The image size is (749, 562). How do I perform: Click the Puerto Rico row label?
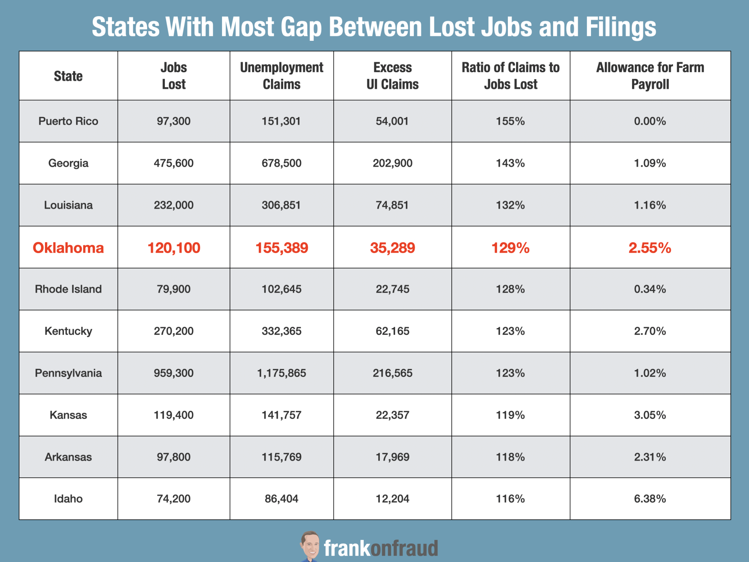coord(68,121)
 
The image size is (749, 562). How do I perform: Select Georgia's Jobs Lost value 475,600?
coord(174,163)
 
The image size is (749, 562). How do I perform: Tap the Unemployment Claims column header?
coord(282,76)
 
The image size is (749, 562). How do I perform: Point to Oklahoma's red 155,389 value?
coord(282,248)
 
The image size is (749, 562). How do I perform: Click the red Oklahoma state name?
coord(68,248)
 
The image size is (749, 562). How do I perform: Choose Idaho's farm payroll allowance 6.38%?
coord(650,499)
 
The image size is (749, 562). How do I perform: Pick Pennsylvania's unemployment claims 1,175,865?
coord(282,373)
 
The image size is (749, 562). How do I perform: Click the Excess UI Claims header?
coord(392,76)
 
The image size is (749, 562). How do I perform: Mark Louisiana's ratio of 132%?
coord(510,205)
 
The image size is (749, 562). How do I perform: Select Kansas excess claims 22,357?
coord(392,415)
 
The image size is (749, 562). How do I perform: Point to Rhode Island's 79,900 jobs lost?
coord(174,289)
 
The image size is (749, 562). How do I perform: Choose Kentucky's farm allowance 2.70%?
coord(650,331)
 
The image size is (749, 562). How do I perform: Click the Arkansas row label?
coord(68,457)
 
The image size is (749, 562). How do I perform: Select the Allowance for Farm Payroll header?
coord(650,76)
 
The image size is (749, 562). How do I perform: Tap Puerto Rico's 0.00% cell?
coord(650,121)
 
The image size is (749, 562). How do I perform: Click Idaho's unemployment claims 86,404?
coord(282,499)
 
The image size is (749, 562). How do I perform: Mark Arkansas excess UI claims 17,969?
coord(392,457)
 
